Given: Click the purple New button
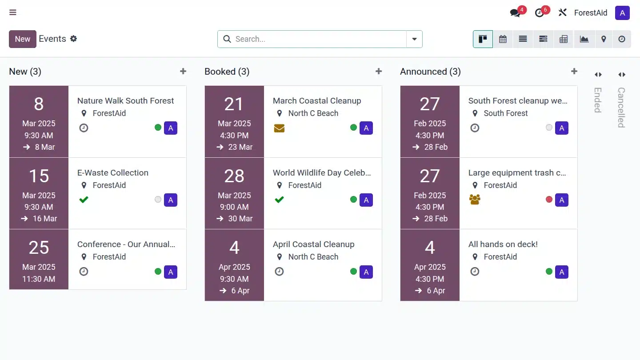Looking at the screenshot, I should (x=22, y=39).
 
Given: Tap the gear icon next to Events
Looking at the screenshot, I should (x=74, y=39).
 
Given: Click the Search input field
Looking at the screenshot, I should (x=318, y=39).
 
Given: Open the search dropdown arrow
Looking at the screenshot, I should (x=414, y=39).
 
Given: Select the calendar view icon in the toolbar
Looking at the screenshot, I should (x=503, y=39).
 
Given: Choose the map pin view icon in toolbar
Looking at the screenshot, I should (x=604, y=39).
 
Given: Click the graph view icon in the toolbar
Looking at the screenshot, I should (x=584, y=39).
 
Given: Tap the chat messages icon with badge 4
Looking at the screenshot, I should (x=515, y=13).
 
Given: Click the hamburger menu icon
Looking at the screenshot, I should (x=13, y=12).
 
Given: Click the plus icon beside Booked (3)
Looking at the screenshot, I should (x=379, y=72).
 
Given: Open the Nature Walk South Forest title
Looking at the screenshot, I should (x=125, y=101).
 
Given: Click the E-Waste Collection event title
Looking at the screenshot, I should (x=113, y=173).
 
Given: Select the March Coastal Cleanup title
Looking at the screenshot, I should (x=317, y=101).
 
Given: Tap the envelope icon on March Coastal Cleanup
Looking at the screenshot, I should (x=279, y=128).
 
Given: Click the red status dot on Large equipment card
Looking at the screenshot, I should (x=549, y=200).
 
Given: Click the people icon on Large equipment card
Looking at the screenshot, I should (x=475, y=200).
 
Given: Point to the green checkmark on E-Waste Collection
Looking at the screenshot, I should (x=84, y=200).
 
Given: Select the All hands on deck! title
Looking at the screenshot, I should (x=503, y=244).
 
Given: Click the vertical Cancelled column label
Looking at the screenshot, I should (x=621, y=107).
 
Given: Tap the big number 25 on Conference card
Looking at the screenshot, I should (x=39, y=248).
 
